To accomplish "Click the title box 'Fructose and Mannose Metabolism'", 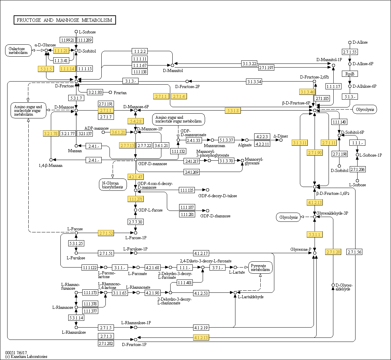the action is point(65,20).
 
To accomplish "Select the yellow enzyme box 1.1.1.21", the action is point(61,51).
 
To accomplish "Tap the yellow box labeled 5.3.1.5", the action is point(46,69).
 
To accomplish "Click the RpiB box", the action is point(350,74).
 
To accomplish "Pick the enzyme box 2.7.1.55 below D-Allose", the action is point(350,52).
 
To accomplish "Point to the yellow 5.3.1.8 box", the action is point(233,111).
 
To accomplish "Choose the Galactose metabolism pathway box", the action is point(18,51).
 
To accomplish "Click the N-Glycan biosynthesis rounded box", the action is point(113,185).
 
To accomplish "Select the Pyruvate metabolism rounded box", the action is point(260,268).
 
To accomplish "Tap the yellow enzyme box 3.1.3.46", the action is point(307,92).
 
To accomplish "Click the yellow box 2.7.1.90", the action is point(315,153).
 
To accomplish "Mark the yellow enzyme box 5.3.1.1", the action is point(315,234).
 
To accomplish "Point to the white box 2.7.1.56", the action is point(354,252).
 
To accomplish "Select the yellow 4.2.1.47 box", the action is point(135,177).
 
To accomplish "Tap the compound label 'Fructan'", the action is point(120,93).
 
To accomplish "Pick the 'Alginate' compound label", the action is point(245,145).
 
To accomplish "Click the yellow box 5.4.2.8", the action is point(135,121).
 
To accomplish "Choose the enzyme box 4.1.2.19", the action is point(201,327).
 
